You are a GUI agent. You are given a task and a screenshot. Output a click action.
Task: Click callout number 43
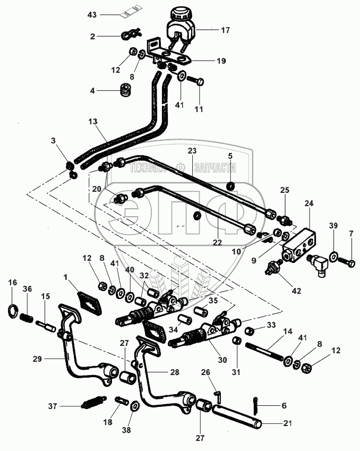coord(92,14)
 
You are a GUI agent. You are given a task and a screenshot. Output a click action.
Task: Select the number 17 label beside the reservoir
coord(225,30)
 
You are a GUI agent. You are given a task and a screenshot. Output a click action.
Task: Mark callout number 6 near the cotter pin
coord(284,405)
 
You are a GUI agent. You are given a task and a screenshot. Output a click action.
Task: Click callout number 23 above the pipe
coord(191,150)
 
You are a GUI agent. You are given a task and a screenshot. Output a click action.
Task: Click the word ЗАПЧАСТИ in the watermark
coord(215,168)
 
